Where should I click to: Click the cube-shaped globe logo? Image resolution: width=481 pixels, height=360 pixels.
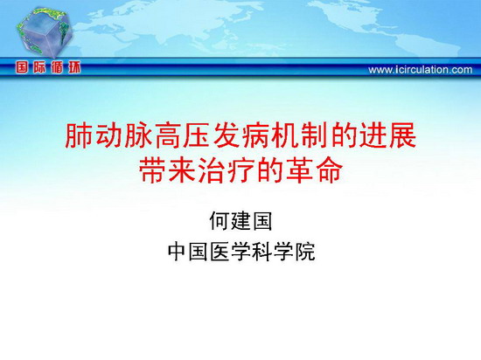[45, 32]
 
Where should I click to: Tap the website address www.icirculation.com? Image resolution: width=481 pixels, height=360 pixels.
[421, 70]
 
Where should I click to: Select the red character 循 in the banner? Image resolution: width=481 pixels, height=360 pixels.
[57, 67]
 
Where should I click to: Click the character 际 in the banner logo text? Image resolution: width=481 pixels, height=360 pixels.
[39, 67]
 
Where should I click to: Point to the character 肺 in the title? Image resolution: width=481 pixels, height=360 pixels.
[79, 135]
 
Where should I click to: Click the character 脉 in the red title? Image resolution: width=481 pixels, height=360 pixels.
[137, 135]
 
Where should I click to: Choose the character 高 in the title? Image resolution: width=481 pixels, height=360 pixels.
[167, 135]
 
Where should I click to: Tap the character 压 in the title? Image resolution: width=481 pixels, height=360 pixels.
[197, 135]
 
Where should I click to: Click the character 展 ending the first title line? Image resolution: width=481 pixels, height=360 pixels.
[403, 135]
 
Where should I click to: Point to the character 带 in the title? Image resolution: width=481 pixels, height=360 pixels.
[152, 170]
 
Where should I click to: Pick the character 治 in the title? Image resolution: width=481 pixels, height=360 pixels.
[212, 170]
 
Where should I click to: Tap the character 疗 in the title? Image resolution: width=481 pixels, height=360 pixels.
[240, 170]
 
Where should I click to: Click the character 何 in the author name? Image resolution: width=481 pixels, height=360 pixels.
[220, 220]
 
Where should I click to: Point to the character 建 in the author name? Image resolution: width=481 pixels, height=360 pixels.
[240, 220]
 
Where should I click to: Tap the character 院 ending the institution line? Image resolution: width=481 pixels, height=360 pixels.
[305, 252]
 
